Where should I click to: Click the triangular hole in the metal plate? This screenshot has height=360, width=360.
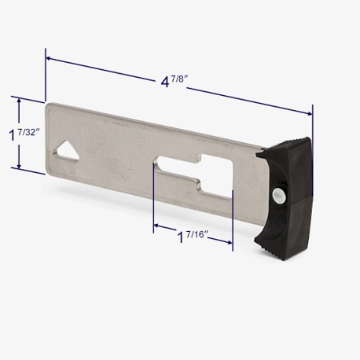coord(67,151)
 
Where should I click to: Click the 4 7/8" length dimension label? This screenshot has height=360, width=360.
coord(174,81)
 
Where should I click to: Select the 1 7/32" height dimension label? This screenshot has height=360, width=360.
coord(24,134)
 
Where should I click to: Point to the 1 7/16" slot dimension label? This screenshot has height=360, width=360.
coord(193,236)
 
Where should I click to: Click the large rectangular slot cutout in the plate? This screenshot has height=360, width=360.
coord(194,175)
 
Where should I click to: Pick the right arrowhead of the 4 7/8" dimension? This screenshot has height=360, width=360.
coord(310,113)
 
